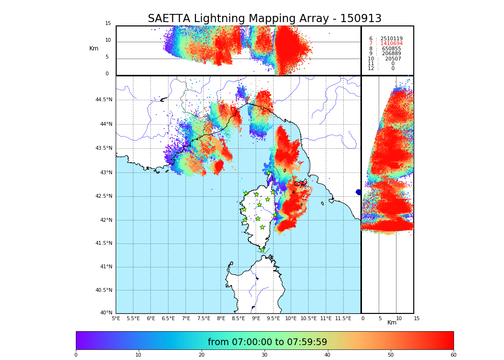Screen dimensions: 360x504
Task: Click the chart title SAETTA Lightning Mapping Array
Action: (264, 19)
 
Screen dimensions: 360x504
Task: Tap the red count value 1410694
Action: (391, 44)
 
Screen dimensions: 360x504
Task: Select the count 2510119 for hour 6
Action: (391, 39)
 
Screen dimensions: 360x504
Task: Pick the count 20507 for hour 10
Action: (393, 59)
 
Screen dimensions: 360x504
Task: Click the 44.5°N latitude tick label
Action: (104, 100)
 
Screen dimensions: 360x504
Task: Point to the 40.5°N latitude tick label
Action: (104, 290)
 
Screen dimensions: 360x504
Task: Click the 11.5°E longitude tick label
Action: (343, 319)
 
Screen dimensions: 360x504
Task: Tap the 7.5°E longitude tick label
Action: (204, 319)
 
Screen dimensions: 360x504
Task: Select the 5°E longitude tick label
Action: (116, 319)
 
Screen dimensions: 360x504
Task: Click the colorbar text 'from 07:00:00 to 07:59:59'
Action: (267, 342)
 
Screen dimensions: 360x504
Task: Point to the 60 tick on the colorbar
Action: (453, 355)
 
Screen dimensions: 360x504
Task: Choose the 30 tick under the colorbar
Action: (264, 355)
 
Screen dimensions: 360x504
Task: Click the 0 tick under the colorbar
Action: (76, 355)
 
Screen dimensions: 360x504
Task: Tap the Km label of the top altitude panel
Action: (94, 48)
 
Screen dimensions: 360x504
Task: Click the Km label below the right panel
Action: (392, 323)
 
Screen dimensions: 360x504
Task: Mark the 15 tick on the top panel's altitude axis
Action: (108, 24)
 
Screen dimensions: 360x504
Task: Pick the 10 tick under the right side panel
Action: (399, 319)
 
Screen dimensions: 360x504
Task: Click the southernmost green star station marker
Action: (262, 250)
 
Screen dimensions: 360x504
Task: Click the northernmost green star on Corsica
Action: (269, 173)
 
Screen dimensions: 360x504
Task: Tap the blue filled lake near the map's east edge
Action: (359, 192)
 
